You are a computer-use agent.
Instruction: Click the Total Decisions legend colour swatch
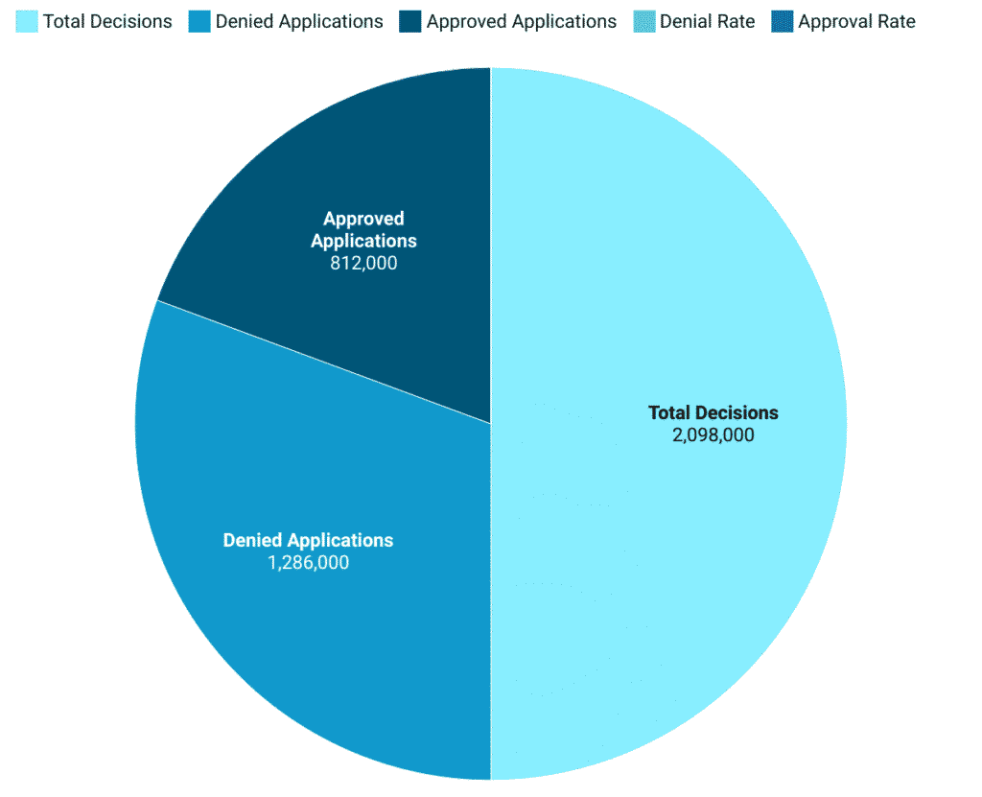point(28,21)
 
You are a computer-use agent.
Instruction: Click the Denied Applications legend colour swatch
point(199,21)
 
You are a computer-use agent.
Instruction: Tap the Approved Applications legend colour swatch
point(410,21)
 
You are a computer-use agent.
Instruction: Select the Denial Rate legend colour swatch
point(643,21)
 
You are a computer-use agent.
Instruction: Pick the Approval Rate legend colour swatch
point(782,21)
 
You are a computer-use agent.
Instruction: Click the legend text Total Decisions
point(107,21)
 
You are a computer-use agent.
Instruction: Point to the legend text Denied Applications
point(299,21)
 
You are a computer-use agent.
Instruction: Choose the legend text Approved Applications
point(522,21)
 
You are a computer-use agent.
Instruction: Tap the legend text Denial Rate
point(707,21)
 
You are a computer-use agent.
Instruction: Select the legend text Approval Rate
point(856,21)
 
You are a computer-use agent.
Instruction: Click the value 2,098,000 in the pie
point(713,435)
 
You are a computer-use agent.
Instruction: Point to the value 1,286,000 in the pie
point(308,563)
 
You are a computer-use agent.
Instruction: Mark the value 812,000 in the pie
point(363,263)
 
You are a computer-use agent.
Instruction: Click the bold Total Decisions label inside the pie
point(713,413)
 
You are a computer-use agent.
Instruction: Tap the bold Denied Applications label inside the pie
point(308,541)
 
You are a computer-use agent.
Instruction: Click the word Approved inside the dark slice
point(363,219)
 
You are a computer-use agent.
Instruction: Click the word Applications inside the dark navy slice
point(363,241)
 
